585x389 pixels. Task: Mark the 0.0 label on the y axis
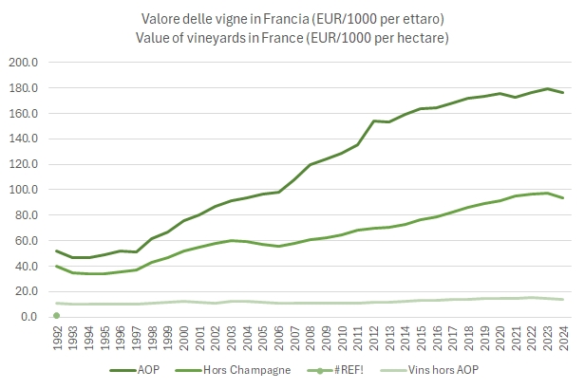coord(29,317)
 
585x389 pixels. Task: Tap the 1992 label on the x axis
coord(57,339)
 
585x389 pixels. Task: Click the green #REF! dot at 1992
coord(57,315)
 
